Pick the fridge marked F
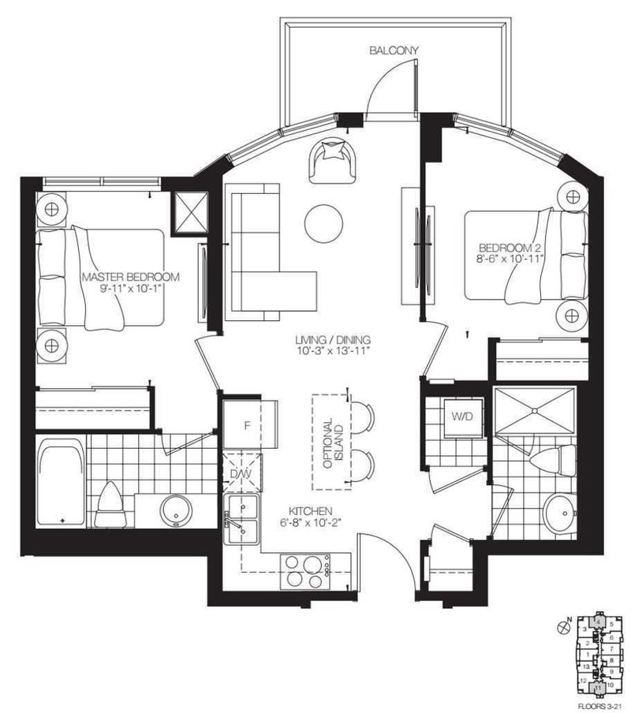(247, 426)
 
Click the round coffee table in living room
(325, 224)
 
